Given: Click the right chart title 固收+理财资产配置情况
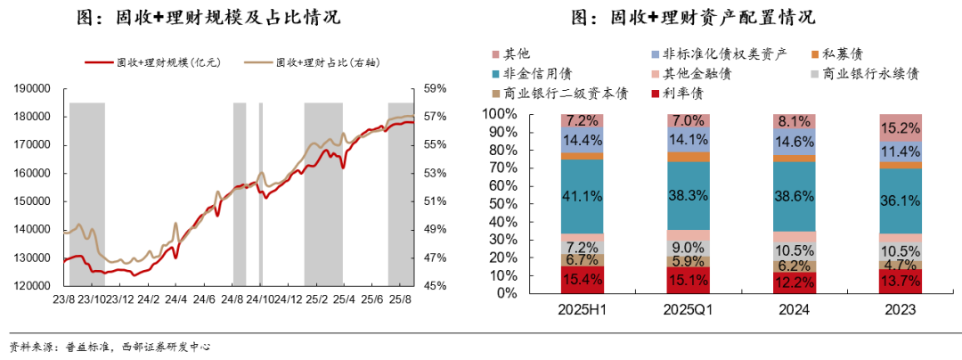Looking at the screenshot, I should point(692,18).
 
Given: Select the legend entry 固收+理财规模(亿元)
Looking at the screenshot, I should point(152,62).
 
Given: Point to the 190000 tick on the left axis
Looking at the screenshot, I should point(33,89).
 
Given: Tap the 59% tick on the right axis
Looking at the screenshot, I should point(434,89).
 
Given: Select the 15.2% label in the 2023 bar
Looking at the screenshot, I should point(901,127).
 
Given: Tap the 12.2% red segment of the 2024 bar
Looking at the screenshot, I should point(795,282).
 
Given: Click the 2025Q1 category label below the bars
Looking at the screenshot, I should point(689,309).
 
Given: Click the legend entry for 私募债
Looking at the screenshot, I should point(838,54).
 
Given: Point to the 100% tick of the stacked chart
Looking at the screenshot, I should point(500,114).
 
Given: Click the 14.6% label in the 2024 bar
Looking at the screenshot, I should point(795,141).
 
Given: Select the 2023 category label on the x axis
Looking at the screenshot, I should point(901,309).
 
